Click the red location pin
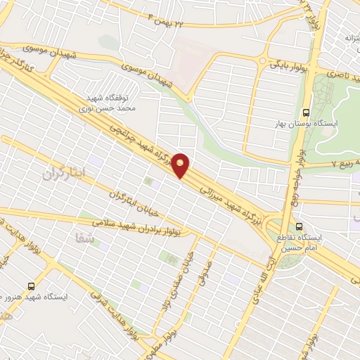point(181,165)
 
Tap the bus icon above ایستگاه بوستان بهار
point(305,112)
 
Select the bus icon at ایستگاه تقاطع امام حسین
point(300,226)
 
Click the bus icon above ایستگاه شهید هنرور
point(30,285)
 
